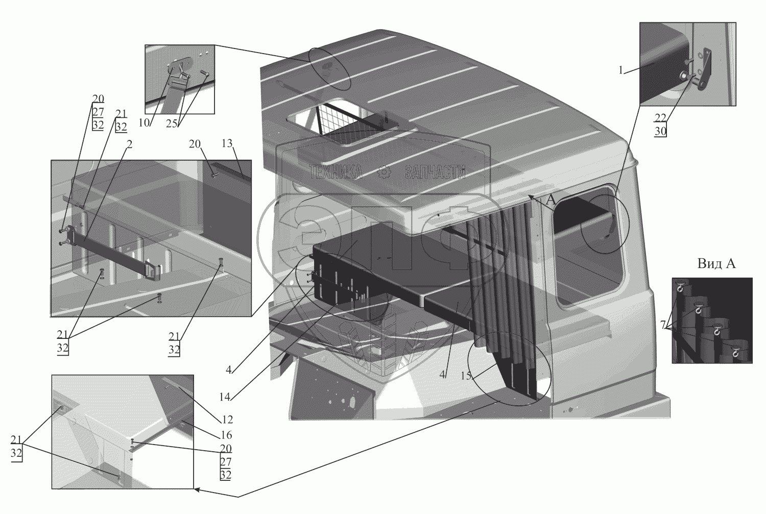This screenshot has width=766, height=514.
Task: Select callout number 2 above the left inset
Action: pos(130,144)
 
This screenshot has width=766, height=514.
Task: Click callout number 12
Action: pos(227,420)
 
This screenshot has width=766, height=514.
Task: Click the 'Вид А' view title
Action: pos(716,264)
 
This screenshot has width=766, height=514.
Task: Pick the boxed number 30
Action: pos(661,131)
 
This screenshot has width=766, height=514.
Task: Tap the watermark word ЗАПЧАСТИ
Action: pos(435,173)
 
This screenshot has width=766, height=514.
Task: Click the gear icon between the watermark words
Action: pos(383,173)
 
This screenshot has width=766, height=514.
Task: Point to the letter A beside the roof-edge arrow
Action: pos(550,202)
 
